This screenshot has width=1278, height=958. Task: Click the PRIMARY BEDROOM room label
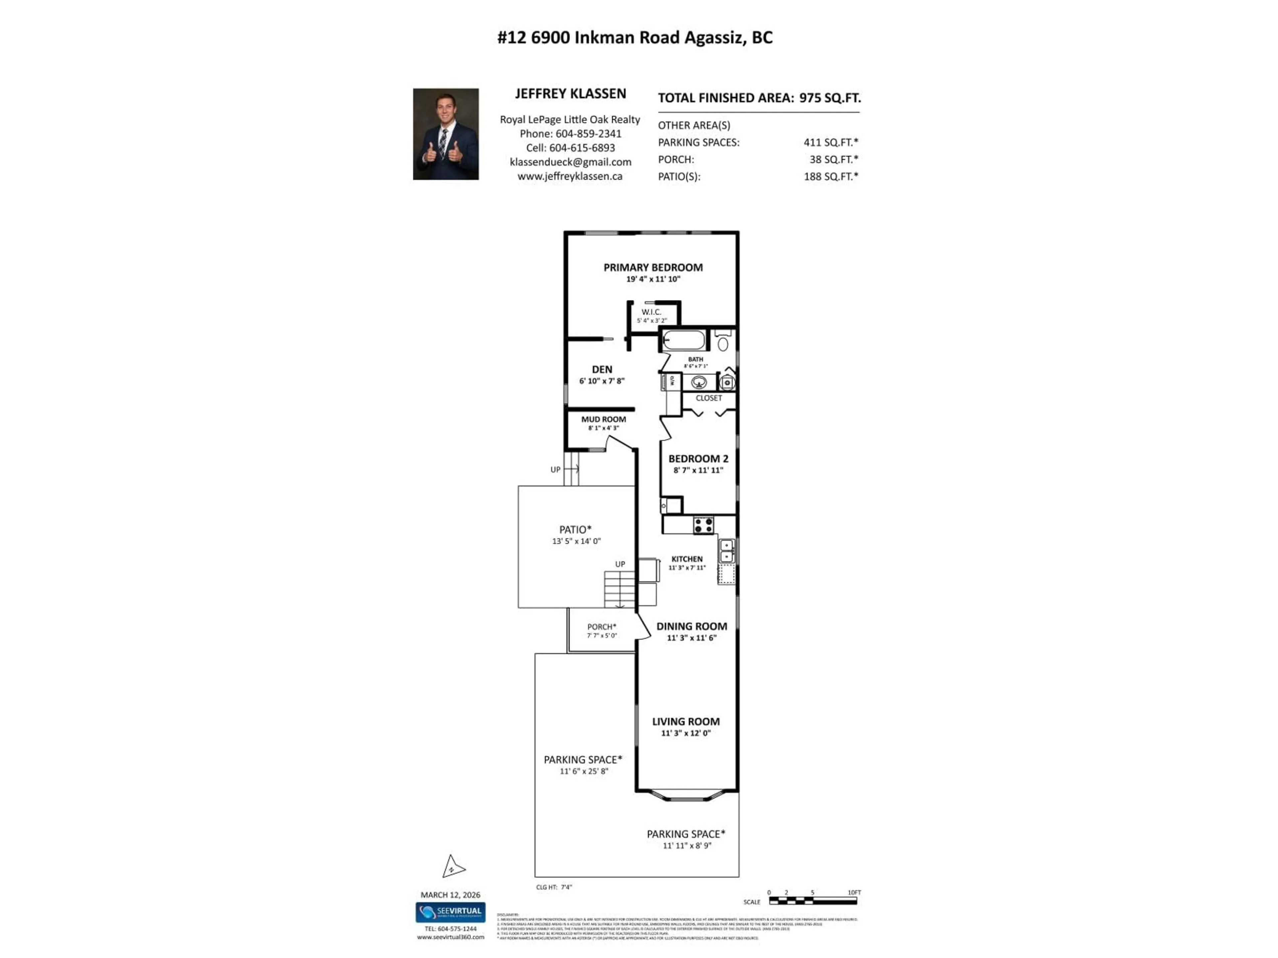[653, 267]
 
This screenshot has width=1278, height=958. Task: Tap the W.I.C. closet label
[651, 312]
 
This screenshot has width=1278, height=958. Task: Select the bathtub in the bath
[684, 340]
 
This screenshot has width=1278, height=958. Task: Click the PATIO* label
[575, 530]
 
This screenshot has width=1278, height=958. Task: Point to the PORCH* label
[601, 627]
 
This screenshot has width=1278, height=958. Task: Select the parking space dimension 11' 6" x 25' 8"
[583, 771]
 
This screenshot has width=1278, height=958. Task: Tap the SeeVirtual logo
[450, 912]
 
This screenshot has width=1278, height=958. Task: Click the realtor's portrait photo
[445, 134]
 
